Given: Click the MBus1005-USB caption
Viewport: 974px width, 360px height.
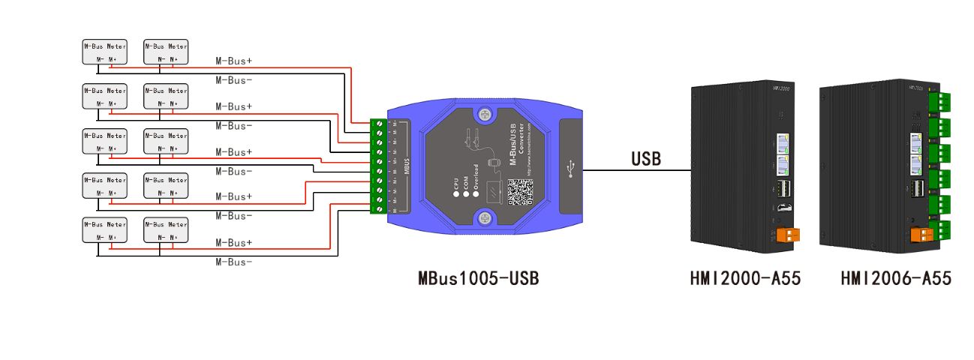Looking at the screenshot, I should pos(478,279).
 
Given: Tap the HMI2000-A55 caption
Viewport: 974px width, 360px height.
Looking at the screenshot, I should pos(745,279).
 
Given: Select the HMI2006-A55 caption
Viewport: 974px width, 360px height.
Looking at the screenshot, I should pos(896,279).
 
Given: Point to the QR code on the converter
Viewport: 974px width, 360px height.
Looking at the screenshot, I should pos(520,191).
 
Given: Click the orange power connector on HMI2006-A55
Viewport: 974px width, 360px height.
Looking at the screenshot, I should pos(921,235).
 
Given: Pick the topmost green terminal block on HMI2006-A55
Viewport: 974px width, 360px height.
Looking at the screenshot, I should pos(939,101).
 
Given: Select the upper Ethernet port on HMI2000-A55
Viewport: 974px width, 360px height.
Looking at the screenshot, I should pos(781,140).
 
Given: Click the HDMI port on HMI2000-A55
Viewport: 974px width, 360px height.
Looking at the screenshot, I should pos(782,208).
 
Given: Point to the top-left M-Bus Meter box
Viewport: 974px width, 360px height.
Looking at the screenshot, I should pos(104,52).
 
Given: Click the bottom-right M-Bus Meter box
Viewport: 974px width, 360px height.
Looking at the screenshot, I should pos(166,229).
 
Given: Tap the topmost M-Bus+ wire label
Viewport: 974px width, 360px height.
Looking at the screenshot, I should pos(233,61).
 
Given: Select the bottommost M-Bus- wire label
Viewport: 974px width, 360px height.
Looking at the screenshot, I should pos(233,262).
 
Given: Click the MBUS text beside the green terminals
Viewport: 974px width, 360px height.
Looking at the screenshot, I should pos(406,166).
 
